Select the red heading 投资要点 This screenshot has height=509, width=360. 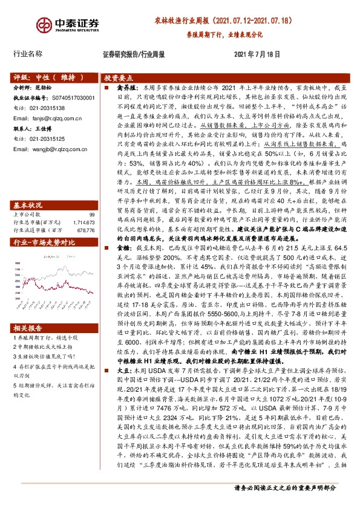(x=119, y=79)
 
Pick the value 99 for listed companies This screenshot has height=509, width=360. (x=92, y=215)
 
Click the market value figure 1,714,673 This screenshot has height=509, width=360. (x=84, y=222)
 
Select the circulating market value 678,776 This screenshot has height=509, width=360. (x=86, y=230)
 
